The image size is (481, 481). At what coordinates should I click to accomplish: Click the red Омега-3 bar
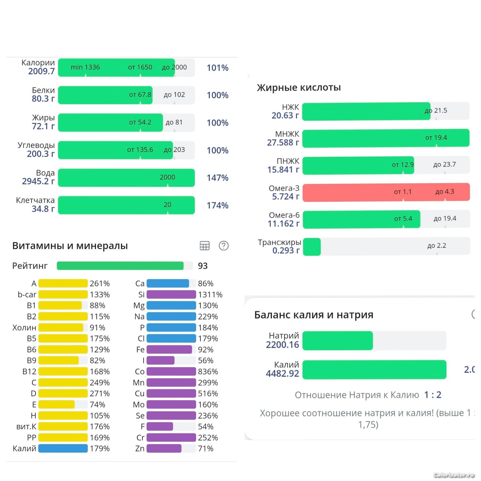pos(386,192)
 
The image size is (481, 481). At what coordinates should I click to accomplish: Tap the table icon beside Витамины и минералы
pos(205,246)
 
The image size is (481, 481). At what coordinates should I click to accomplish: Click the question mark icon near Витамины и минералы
pos(224,246)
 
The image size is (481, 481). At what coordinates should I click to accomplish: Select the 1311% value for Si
pos(210,295)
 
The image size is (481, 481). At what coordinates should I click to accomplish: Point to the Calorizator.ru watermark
pos(454,475)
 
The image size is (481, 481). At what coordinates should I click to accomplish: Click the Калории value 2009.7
pos(41,71)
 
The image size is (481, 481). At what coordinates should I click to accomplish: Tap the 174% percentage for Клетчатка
pos(218,205)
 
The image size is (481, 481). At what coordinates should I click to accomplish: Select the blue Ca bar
pos(168,283)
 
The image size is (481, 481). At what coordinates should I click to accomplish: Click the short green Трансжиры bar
pos(312,247)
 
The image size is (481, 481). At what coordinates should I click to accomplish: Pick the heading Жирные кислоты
pos(299,88)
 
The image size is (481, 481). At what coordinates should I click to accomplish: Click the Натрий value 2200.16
pos(282,345)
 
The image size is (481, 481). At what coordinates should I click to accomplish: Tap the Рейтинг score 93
pos(203,266)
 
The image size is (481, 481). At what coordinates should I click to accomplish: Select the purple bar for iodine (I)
pos(160,360)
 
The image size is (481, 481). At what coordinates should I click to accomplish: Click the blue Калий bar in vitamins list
pos(63,448)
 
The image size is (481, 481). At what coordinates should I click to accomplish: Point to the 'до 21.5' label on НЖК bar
pos(436,111)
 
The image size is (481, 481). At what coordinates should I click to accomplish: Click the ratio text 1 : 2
pos(433,395)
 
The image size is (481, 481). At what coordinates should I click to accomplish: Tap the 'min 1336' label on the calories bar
pos(85,67)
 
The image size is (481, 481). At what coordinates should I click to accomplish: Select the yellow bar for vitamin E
pos(56,404)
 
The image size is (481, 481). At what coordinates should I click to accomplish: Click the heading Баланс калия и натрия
pos(314,315)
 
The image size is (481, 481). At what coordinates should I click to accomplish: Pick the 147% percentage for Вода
pos(218,178)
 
